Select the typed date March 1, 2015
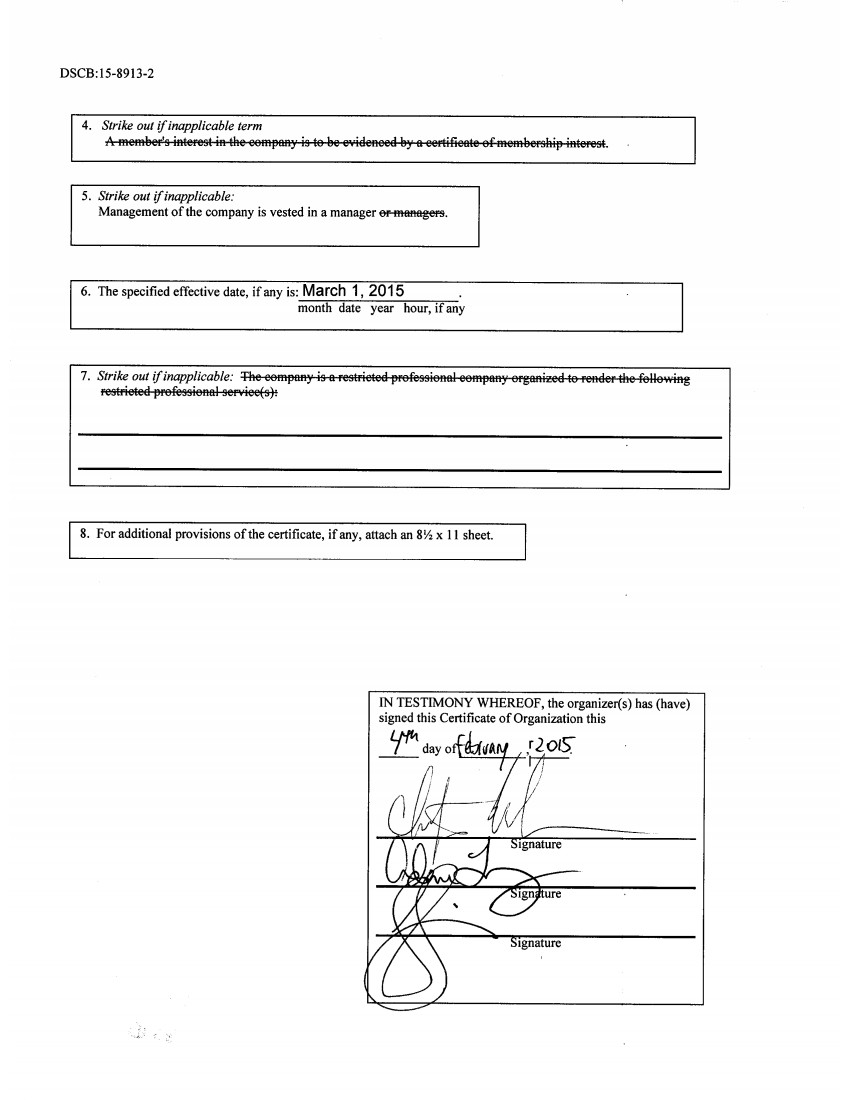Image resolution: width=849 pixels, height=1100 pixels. (x=353, y=291)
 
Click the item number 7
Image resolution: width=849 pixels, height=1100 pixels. (x=85, y=377)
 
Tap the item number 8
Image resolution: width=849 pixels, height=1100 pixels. (x=84, y=534)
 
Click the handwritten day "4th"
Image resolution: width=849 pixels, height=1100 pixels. (x=402, y=738)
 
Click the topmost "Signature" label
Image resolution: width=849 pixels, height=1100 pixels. (x=536, y=845)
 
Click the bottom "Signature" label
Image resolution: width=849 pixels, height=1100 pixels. (x=536, y=943)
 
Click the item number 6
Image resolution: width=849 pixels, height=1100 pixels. (x=86, y=292)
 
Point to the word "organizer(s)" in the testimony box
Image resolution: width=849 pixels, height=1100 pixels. (x=582, y=703)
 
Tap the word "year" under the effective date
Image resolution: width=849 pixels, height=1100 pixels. (x=382, y=309)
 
